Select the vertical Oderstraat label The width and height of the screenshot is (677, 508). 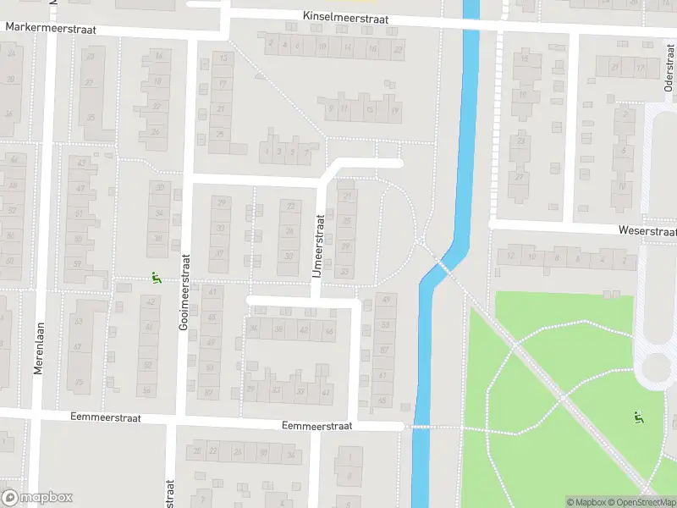click(x=668, y=75)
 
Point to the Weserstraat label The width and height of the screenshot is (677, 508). click(x=648, y=231)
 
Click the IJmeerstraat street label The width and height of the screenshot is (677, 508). click(x=319, y=245)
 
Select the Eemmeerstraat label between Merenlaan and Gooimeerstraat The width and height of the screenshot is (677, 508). click(x=105, y=418)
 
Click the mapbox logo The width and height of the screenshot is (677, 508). click(x=37, y=498)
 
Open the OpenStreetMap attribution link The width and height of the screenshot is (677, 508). click(x=638, y=502)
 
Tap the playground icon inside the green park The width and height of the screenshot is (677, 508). click(x=638, y=417)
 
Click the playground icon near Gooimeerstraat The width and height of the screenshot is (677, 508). click(x=155, y=277)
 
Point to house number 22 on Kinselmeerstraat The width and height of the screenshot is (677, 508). click(x=398, y=50)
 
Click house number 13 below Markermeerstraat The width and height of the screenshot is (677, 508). click(x=223, y=58)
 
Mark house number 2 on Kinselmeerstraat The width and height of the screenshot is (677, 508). click(x=271, y=45)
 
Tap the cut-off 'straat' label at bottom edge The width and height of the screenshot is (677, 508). click(x=170, y=494)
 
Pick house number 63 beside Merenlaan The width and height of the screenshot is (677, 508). click(x=80, y=321)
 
